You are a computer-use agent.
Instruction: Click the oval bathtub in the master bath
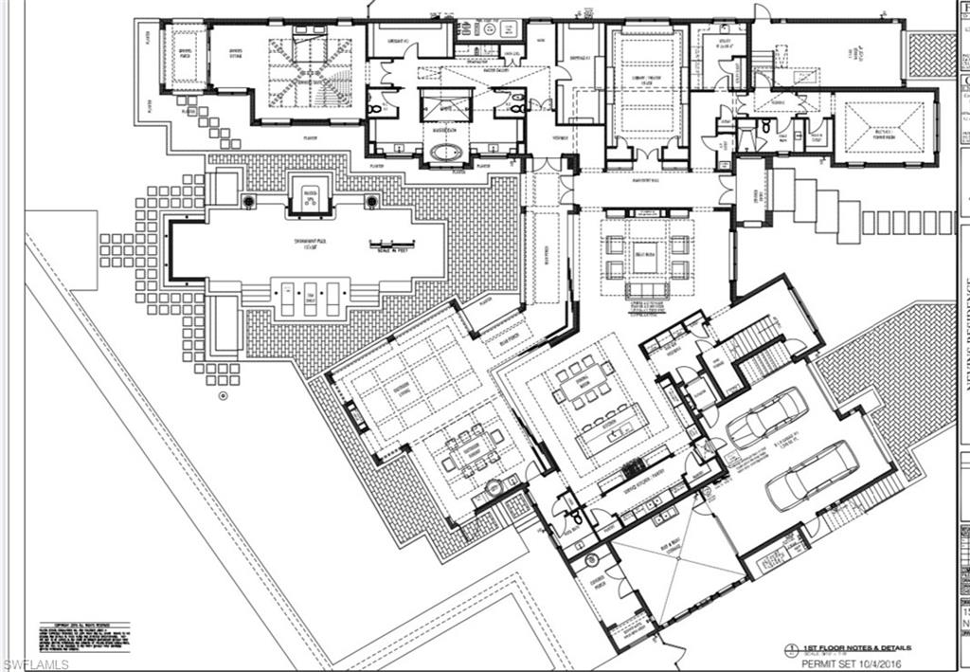(x=446, y=153)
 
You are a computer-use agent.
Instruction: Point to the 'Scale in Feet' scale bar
(x=388, y=244)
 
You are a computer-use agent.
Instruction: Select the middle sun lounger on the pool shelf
(x=309, y=298)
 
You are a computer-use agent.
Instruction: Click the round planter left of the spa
(x=248, y=201)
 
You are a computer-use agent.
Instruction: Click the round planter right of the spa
(x=371, y=201)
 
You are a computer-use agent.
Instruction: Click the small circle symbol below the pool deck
(x=223, y=394)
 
